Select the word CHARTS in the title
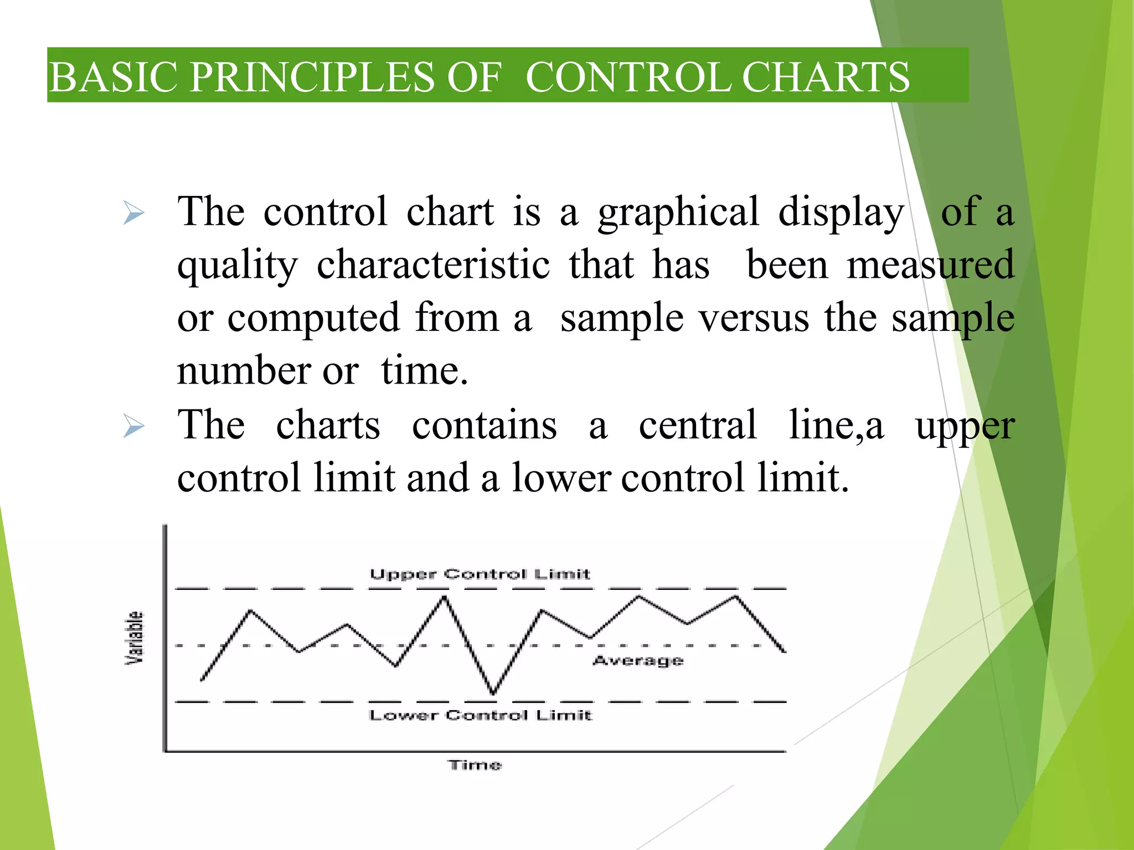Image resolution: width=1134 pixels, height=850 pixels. (x=825, y=77)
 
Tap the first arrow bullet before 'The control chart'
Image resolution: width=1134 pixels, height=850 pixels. (x=133, y=213)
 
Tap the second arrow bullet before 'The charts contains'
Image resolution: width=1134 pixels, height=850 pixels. (x=133, y=426)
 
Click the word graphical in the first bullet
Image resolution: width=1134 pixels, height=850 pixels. (x=678, y=213)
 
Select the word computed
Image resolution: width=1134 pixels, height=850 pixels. (x=313, y=319)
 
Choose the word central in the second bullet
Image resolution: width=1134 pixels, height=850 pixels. (x=698, y=425)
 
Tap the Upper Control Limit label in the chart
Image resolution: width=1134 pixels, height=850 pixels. (x=480, y=574)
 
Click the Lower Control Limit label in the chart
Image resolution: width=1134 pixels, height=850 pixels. (x=480, y=715)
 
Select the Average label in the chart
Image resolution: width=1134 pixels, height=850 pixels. (x=638, y=660)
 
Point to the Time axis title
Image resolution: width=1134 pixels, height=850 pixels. (x=475, y=765)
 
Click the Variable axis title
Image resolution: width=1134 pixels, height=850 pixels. (x=135, y=637)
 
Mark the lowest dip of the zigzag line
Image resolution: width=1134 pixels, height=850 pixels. (x=493, y=692)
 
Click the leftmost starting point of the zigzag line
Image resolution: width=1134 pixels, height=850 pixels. (x=202, y=680)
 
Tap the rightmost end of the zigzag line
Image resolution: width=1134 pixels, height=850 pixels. (x=785, y=651)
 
